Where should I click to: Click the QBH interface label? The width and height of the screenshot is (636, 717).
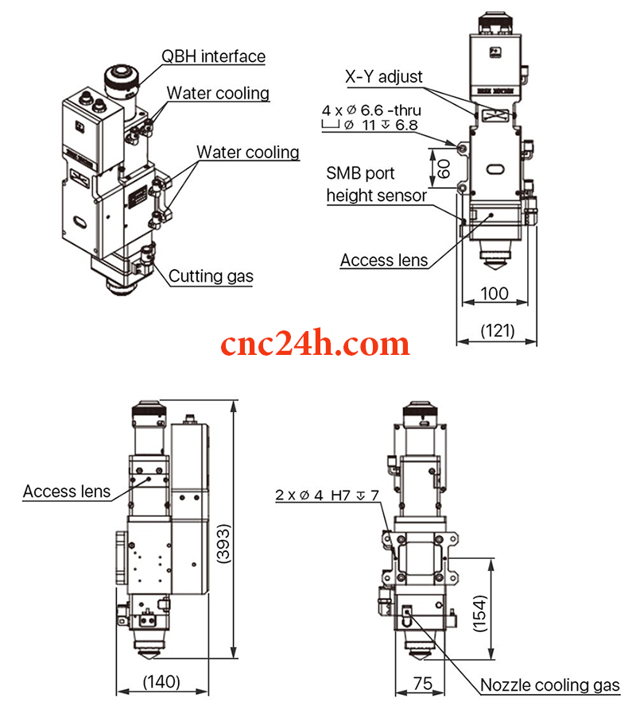tap(213, 56)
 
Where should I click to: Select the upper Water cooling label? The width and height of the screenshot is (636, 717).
tap(218, 93)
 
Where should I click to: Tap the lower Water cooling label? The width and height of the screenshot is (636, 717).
tap(248, 152)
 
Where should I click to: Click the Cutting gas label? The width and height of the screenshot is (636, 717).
tap(211, 276)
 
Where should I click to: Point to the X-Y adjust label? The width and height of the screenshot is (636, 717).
tap(384, 77)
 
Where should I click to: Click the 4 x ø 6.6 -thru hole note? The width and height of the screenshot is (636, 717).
tap(371, 110)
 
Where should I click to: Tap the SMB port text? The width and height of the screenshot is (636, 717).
tap(360, 173)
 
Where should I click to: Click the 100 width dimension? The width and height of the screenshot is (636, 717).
tap(495, 294)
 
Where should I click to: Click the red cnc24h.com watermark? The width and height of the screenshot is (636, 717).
tap(315, 344)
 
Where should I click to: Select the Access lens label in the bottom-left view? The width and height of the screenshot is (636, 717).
tap(67, 491)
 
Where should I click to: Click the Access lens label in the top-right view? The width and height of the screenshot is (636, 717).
tap(384, 260)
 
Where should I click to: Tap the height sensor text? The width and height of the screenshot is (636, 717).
tap(377, 195)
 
